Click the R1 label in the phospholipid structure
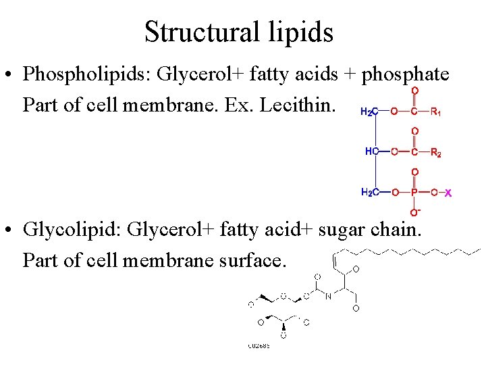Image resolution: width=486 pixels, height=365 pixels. point(436,112)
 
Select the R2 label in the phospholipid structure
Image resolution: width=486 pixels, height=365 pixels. point(436,153)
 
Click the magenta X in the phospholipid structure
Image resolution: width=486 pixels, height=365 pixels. point(448,193)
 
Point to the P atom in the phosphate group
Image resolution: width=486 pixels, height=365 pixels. point(414,193)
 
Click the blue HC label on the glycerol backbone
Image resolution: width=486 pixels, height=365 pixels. point(371,152)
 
